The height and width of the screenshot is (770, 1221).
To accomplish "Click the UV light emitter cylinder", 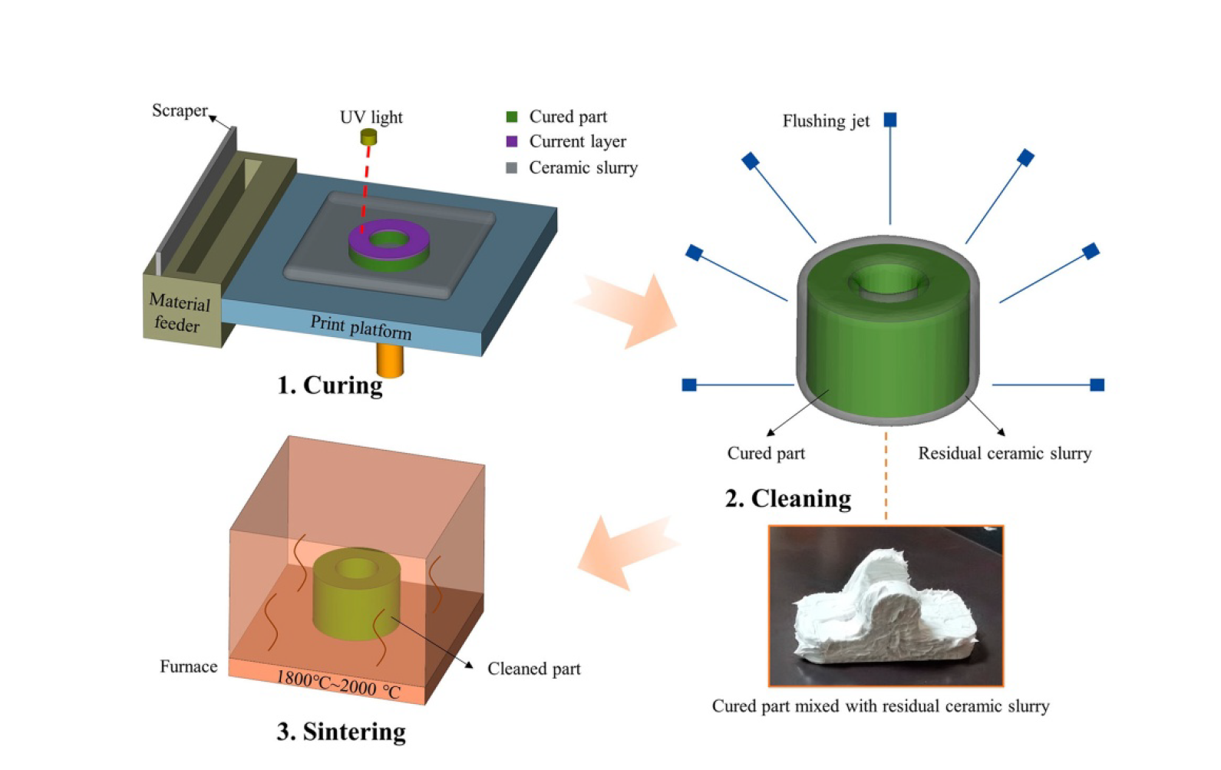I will point(368,137).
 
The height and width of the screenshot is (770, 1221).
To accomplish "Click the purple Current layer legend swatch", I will point(512,141).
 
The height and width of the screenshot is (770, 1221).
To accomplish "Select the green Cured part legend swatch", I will point(512,117).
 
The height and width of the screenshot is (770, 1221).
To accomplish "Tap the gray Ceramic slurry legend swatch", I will point(512,167).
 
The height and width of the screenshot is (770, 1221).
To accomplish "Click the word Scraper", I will point(180,111).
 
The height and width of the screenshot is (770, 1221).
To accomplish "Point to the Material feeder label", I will point(179,313).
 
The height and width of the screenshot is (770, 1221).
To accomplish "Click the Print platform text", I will point(361,327).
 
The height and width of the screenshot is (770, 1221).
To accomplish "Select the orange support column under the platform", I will point(390,360).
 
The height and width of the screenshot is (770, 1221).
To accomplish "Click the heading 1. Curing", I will point(330,385).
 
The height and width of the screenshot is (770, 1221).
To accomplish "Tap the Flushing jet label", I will point(826,121).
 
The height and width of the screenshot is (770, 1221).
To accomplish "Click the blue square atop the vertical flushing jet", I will point(890,120).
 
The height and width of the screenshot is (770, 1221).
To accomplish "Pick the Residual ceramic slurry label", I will point(1005,453).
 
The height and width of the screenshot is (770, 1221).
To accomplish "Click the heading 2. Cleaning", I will point(788,498).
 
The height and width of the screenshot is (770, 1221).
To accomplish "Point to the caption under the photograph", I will point(880,706).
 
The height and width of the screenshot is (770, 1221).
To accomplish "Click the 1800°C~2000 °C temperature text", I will point(338,684).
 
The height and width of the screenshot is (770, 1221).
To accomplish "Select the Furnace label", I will point(188,666).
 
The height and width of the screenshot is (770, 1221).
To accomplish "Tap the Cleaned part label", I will point(534,669).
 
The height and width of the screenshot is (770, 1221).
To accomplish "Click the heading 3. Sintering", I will point(342,732).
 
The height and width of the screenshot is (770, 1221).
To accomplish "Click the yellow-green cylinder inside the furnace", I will point(357,599).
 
